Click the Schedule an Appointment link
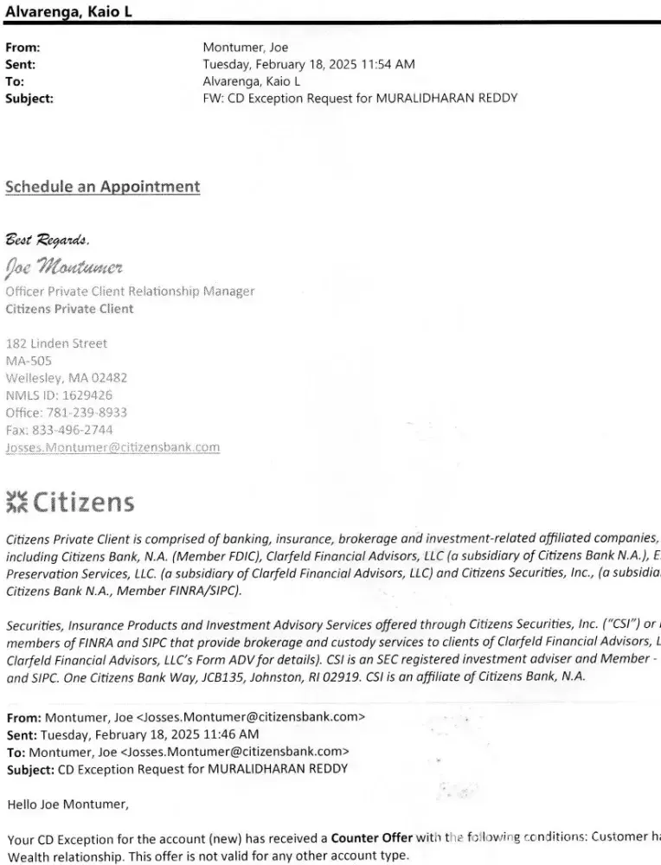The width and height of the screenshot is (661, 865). (103, 187)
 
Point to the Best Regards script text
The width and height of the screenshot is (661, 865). (48, 238)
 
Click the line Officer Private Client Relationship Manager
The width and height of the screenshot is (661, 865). (131, 292)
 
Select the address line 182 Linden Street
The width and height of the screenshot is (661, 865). (56, 343)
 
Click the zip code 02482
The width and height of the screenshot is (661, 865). (109, 378)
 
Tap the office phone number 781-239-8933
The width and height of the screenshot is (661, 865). (89, 413)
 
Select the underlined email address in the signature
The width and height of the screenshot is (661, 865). (112, 447)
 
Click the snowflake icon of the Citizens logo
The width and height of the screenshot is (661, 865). (16, 502)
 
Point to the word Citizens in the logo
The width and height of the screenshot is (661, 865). (83, 502)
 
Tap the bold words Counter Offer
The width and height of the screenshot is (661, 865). (367, 838)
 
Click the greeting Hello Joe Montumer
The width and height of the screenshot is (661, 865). (67, 804)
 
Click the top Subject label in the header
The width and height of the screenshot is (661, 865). (29, 98)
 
